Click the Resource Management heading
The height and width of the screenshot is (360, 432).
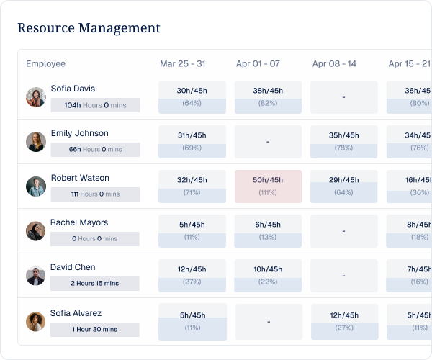(x=89, y=28)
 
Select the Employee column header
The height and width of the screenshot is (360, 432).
(x=46, y=63)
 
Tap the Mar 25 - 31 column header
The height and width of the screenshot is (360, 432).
(x=183, y=63)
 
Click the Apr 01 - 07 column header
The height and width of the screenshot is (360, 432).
(x=258, y=63)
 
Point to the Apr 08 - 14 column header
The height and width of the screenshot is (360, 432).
(x=334, y=63)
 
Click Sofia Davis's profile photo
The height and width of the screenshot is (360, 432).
(x=36, y=97)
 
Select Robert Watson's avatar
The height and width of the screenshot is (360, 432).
(x=36, y=186)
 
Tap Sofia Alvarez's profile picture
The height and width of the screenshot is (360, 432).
(x=36, y=322)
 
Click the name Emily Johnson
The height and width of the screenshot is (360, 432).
(x=80, y=133)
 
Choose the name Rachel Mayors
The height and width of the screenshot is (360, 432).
(x=79, y=222)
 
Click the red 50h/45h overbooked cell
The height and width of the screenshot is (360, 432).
(x=268, y=186)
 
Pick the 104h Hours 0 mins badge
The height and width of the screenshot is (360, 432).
(x=95, y=105)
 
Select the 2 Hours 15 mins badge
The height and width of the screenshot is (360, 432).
(x=95, y=284)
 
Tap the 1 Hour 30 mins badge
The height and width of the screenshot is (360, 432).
(x=95, y=330)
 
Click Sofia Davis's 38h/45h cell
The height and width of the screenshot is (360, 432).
(x=268, y=97)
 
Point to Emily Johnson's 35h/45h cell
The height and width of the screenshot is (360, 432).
(x=344, y=142)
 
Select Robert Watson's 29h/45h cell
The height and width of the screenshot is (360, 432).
(x=344, y=186)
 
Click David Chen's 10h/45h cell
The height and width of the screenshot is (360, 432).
(x=268, y=276)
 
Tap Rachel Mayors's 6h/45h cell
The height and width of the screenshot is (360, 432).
(x=268, y=231)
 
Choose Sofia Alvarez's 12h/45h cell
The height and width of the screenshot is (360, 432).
(x=345, y=322)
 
